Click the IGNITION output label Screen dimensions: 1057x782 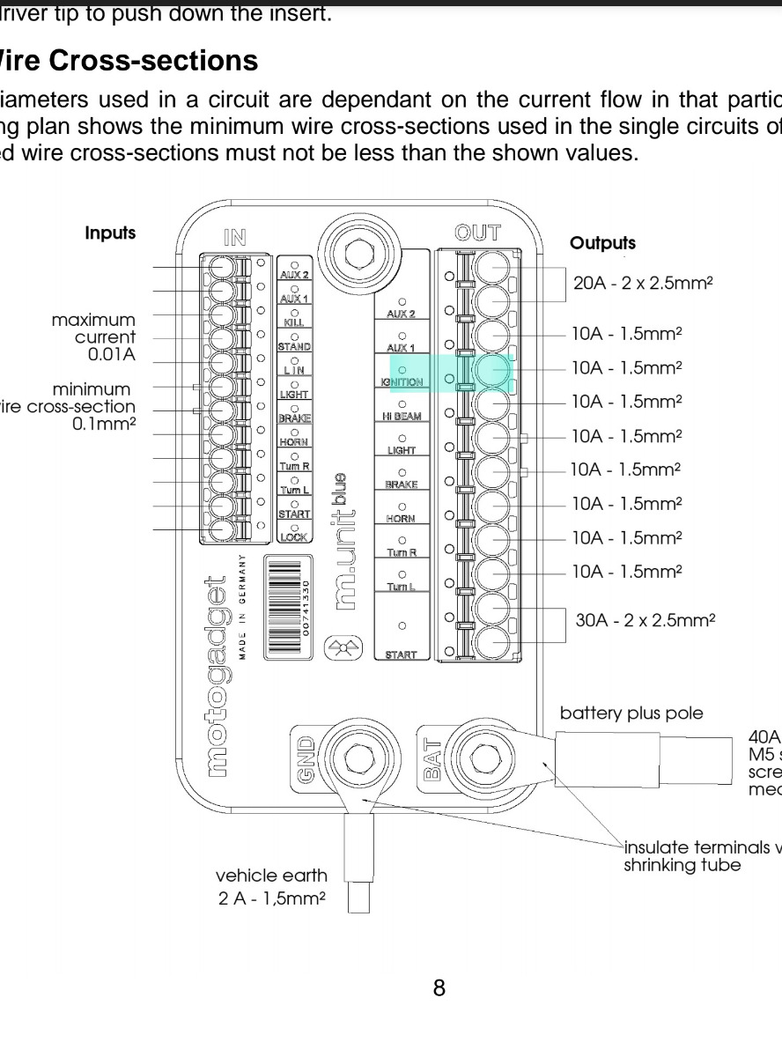pyautogui.click(x=402, y=383)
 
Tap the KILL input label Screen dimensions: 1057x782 pyautogui.click(x=293, y=323)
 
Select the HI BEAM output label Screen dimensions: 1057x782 pyautogui.click(x=402, y=417)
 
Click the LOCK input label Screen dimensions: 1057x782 pyautogui.click(x=293, y=536)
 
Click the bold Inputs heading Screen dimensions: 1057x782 pyautogui.click(x=110, y=233)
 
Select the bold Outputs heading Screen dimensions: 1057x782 pyautogui.click(x=602, y=242)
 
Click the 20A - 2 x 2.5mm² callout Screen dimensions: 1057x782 pyautogui.click(x=642, y=284)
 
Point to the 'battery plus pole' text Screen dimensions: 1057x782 pyautogui.click(x=631, y=713)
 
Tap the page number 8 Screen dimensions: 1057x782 pyautogui.click(x=439, y=987)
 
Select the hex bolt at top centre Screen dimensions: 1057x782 pyautogui.click(x=357, y=254)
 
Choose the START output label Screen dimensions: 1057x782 pyautogui.click(x=402, y=654)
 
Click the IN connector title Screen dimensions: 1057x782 pyautogui.click(x=235, y=236)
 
